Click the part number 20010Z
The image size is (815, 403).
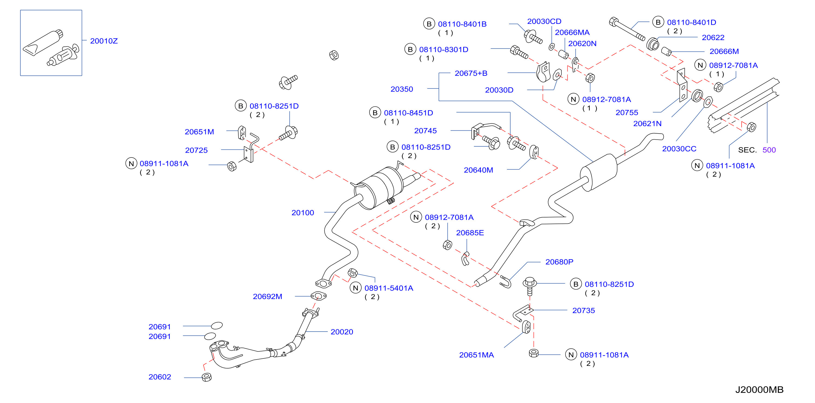104,41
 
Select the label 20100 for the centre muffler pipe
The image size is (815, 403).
303,213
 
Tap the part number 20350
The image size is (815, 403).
402,89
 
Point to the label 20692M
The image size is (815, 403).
267,297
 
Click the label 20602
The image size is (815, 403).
160,377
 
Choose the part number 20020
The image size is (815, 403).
342,332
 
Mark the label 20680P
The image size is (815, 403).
559,262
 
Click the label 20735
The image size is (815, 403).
584,311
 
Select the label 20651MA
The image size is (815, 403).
476,355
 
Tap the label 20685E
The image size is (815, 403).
470,233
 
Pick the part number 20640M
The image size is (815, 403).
478,170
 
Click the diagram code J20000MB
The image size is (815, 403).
759,390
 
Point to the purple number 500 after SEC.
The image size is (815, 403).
769,150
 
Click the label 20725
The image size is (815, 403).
197,150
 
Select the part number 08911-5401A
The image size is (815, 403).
389,288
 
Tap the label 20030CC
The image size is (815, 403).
679,149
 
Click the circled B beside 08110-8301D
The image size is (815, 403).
410,49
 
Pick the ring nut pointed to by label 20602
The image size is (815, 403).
207,377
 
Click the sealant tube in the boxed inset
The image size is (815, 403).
43,43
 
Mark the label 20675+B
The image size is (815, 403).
471,73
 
